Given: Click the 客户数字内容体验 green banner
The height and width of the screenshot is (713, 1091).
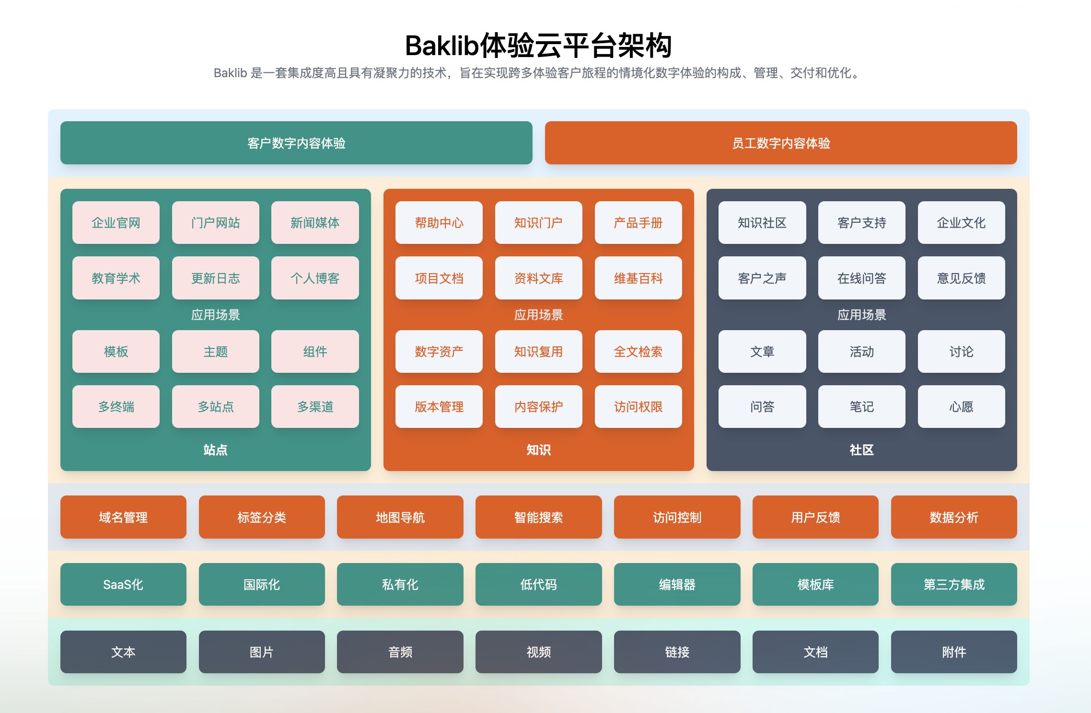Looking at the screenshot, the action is point(296,143).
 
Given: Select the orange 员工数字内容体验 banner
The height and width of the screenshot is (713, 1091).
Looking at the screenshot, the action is point(781,143).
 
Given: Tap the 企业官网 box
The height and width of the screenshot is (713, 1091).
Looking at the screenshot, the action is point(116,222).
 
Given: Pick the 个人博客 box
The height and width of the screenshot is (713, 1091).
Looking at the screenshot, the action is point(315,278).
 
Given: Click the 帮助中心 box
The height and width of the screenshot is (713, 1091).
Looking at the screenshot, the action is point(439,222).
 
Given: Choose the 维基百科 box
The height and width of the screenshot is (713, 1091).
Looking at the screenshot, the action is point(638,278).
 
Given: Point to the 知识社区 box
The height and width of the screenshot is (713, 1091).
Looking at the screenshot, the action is point(762,222).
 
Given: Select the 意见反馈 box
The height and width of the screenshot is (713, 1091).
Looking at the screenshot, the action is point(961,278).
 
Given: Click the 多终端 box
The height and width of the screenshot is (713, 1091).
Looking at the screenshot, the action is point(116,406).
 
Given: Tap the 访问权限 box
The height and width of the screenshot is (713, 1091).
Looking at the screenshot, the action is point(638,406).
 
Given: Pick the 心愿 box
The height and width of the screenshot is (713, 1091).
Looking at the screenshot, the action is point(961,406).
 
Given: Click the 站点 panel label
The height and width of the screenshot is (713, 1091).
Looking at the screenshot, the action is point(215,449).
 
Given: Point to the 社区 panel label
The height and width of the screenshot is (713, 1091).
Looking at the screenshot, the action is point(861,449).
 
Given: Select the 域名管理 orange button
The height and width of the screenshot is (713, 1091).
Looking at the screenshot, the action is point(123,517).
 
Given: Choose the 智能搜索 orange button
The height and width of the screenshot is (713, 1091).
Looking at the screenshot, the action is point(538,517).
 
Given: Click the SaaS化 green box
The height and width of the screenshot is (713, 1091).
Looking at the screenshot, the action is point(123,584).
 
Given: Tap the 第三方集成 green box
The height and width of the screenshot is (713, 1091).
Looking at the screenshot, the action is point(954,584).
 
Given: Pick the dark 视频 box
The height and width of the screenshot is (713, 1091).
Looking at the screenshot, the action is point(538,652).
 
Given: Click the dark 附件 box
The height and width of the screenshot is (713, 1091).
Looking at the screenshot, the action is point(954,652).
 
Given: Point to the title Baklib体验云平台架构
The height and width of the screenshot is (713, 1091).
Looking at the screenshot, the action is point(538,46).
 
